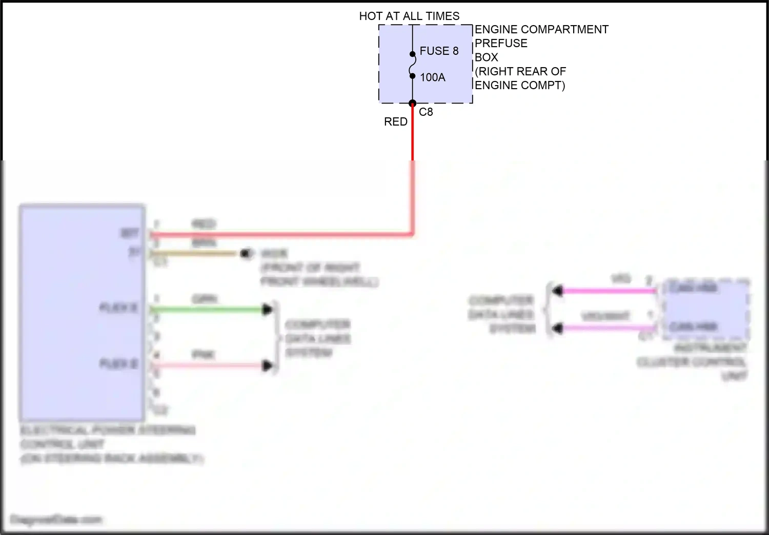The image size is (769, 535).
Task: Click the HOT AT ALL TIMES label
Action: (x=409, y=16)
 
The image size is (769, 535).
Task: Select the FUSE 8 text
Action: (x=439, y=51)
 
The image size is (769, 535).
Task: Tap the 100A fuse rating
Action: (x=433, y=77)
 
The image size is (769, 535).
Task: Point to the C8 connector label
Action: (x=426, y=112)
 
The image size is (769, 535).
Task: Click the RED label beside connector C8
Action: (x=396, y=122)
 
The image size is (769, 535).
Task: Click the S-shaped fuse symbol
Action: (x=412, y=65)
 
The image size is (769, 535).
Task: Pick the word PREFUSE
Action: (x=501, y=44)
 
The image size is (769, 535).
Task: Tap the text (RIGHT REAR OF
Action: (x=520, y=72)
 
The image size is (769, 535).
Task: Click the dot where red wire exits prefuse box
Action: (x=412, y=104)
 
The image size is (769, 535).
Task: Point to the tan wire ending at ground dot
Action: (x=195, y=253)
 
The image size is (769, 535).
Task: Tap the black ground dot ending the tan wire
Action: (x=247, y=253)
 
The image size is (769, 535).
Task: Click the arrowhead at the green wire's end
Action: (x=267, y=310)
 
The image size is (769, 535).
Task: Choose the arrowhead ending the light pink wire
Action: (x=267, y=365)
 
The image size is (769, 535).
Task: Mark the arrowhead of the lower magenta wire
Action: (x=557, y=328)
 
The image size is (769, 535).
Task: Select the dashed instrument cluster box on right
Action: (x=706, y=309)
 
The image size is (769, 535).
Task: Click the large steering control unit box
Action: (x=82, y=313)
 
